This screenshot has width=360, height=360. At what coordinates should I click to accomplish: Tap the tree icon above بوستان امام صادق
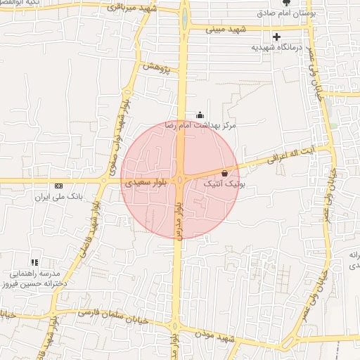[286, 4]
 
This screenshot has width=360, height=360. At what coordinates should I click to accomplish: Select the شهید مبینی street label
[226, 29]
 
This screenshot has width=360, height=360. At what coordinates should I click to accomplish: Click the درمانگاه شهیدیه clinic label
[276, 47]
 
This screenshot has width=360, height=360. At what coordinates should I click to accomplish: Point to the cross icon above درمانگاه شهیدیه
[276, 37]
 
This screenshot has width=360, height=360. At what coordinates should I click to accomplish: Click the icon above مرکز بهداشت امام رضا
[200, 115]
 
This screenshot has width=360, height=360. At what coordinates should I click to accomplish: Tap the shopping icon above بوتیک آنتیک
[224, 173]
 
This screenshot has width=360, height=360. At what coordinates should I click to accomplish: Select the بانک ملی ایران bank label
[59, 197]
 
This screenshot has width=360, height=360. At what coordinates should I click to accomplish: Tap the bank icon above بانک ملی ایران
[58, 186]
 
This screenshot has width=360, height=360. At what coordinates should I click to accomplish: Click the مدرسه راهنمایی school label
[33, 274]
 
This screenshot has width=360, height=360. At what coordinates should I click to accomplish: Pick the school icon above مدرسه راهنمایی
[34, 262]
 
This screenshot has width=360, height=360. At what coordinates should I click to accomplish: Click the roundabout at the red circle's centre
[180, 181]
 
